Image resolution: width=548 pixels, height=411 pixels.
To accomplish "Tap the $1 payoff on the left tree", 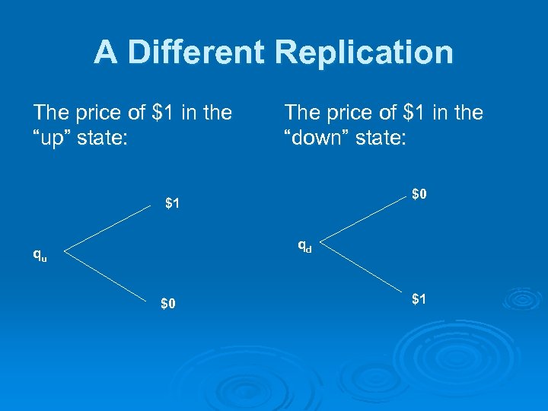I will pyautogui.click(x=173, y=203).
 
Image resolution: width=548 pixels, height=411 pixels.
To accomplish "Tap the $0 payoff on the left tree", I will pyautogui.click(x=168, y=304).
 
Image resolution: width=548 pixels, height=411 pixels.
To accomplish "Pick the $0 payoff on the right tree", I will pyautogui.click(x=419, y=195).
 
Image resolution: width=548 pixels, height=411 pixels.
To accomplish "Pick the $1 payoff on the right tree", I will pyautogui.click(x=419, y=299).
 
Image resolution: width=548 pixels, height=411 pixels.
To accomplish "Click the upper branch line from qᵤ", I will pyautogui.click(x=107, y=228).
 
